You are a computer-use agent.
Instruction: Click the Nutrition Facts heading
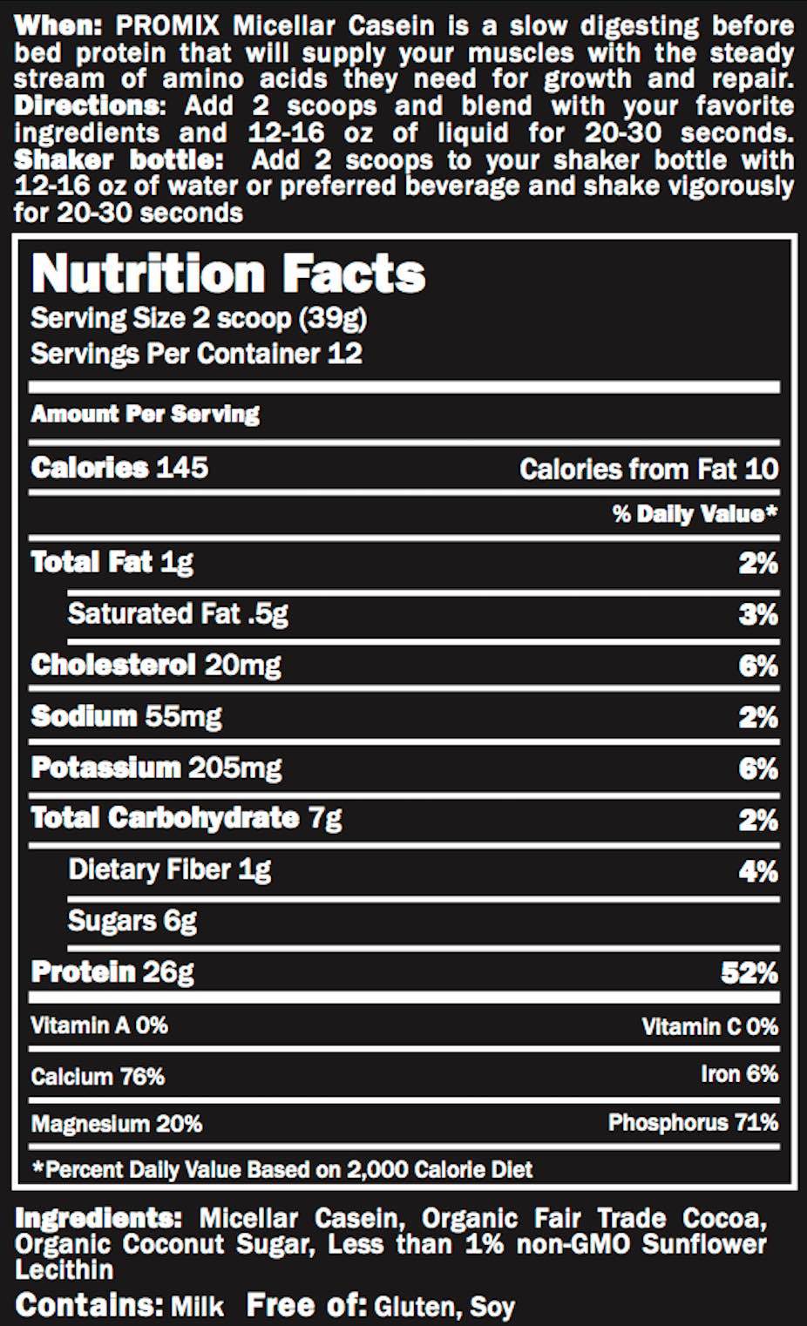[228, 274]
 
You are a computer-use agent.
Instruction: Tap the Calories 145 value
[119, 468]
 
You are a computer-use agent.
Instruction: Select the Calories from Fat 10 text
[648, 470]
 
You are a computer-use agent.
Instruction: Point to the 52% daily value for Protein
[749, 972]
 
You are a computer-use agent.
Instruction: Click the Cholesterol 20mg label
[155, 666]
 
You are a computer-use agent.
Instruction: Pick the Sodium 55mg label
[126, 716]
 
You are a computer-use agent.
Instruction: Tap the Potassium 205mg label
[156, 768]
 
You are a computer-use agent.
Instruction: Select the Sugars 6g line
[132, 921]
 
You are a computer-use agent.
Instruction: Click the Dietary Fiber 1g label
[170, 869]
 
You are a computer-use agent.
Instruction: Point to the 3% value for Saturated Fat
[757, 615]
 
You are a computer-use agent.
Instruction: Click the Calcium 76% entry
[98, 1077]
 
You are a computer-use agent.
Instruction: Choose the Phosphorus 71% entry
[693, 1122]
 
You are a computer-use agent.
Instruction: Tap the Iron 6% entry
[739, 1074]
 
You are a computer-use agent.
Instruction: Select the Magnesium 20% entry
[117, 1124]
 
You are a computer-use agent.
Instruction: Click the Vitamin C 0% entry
[709, 1027]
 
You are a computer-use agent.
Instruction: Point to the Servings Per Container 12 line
[196, 354]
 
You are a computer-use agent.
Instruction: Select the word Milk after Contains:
[197, 1307]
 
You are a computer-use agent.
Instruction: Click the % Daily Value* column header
[695, 513]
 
